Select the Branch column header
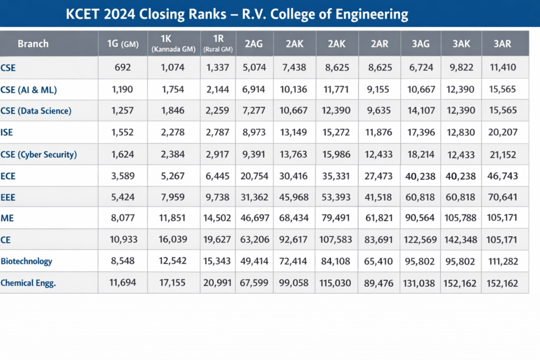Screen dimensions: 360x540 (x=33, y=44)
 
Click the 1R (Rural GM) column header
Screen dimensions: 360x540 (x=217, y=44)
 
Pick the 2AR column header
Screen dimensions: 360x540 (x=379, y=44)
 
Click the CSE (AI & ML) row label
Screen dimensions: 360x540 (x=28, y=90)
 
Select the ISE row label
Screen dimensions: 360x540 (x=8, y=133)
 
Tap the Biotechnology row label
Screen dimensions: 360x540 (x=26, y=261)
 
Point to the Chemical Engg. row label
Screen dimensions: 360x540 (x=28, y=283)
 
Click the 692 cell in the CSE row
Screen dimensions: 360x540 (x=122, y=67)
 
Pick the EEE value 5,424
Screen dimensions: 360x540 (x=122, y=197)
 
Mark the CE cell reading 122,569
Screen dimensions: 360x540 (x=421, y=240)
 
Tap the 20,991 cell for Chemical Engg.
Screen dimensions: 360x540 (x=217, y=283)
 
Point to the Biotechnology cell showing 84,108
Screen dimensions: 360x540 (x=336, y=261)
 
